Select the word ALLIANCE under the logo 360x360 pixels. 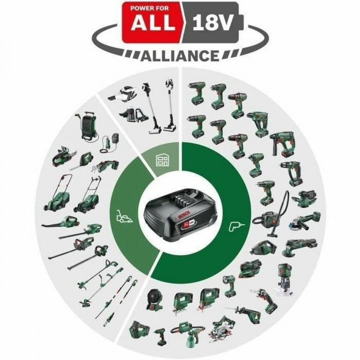click(x=180, y=54)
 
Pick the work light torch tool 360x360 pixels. click(x=232, y=283)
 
